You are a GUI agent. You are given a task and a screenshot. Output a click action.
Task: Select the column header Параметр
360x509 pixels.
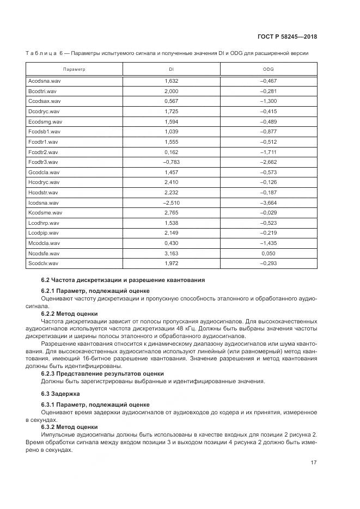[x=74, y=70]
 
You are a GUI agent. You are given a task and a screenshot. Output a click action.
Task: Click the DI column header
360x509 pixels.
[x=171, y=70]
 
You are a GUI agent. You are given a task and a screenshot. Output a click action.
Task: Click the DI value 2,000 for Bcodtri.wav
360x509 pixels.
[x=171, y=91]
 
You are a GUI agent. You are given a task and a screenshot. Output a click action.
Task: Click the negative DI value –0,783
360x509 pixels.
[x=171, y=162]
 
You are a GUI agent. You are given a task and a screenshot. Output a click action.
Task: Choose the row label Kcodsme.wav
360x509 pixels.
[x=45, y=213]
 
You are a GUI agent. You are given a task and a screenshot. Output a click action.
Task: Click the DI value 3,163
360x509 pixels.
[x=171, y=254]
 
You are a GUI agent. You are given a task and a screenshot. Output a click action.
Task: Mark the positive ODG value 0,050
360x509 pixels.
[x=269, y=254]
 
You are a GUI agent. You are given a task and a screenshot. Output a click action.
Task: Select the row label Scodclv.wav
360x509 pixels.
[x=43, y=264]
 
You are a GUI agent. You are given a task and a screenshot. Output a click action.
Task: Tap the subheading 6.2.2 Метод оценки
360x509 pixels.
[x=70, y=314]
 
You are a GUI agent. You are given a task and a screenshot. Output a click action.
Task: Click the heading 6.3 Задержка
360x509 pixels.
[x=60, y=393]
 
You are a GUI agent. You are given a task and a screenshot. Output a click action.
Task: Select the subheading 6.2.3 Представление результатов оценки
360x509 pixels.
[x=102, y=373]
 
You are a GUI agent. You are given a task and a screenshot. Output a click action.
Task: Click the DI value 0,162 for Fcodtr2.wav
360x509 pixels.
[x=171, y=152]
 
